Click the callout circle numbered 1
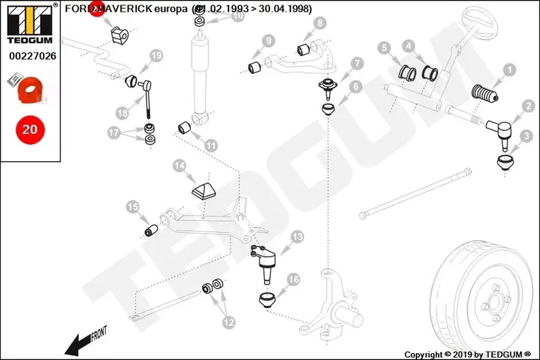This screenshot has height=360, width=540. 509,71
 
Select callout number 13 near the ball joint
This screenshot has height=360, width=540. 297,237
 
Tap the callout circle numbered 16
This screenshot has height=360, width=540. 293,279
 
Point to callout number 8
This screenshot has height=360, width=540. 319,23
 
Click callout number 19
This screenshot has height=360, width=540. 155,55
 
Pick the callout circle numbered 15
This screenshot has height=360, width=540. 132,207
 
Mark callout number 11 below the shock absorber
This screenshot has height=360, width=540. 212,145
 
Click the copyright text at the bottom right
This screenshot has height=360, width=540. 469,354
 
